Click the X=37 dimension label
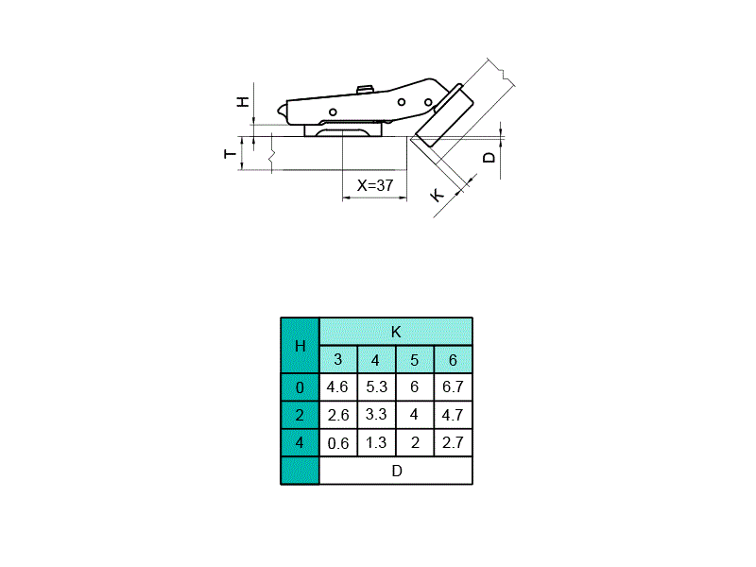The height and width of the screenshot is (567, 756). (374, 185)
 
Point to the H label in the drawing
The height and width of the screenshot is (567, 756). (243, 101)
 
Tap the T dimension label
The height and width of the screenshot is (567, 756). (231, 154)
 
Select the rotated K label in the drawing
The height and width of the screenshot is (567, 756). (437, 196)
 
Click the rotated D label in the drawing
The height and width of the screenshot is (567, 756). (489, 158)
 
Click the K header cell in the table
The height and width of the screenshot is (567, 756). (396, 332)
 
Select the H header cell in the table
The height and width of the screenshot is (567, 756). (300, 346)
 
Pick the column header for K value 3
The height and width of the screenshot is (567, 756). (338, 360)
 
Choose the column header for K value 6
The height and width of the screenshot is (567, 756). (453, 360)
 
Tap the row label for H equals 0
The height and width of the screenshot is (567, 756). (300, 387)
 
